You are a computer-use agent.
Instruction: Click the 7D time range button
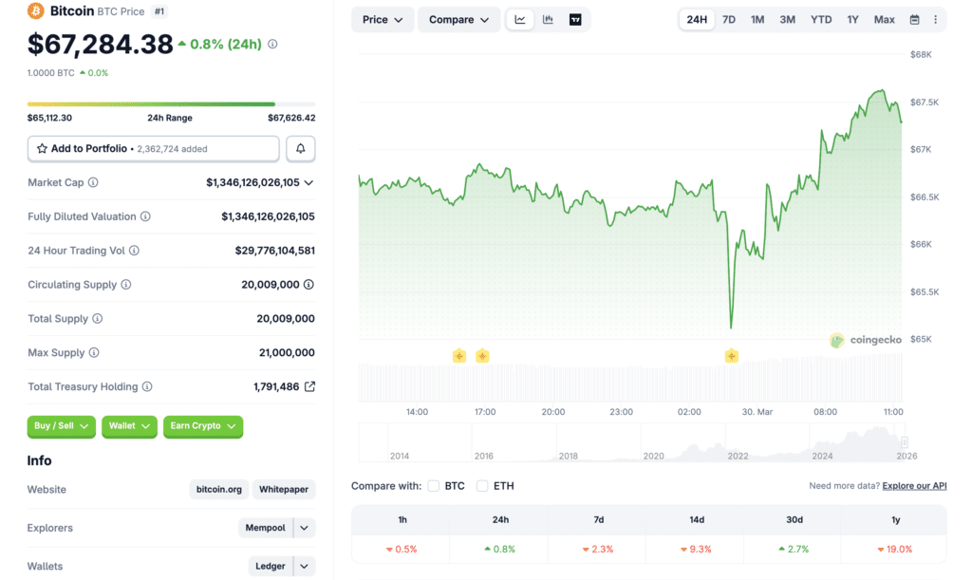tap(728, 20)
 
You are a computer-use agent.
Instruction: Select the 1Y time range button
tap(852, 20)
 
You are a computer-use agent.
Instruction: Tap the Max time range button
tap(884, 20)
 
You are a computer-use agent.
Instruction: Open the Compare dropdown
tap(458, 20)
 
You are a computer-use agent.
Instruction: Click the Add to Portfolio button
tap(154, 149)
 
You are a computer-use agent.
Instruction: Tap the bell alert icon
tap(301, 149)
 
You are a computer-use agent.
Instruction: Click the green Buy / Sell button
tap(62, 426)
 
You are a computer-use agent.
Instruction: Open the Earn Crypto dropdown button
tap(203, 426)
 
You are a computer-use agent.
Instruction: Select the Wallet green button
tap(129, 426)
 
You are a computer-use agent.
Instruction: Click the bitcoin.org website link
tap(219, 490)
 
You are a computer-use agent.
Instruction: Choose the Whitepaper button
tap(284, 490)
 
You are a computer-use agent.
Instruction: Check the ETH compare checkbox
tap(482, 486)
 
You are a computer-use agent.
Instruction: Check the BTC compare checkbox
tap(433, 486)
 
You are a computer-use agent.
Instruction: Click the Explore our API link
tap(914, 486)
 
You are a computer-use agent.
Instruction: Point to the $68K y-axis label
tap(921, 55)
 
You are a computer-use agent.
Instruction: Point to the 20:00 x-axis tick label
tap(553, 412)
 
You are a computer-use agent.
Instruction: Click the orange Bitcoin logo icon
tap(36, 11)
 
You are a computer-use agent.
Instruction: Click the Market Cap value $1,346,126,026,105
tap(252, 182)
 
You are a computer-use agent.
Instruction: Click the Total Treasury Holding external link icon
tap(309, 387)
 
